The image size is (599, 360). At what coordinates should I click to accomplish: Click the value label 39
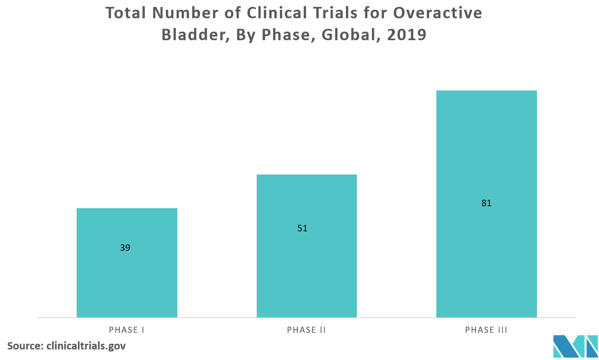click(x=125, y=248)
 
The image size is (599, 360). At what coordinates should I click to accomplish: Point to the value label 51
click(x=302, y=228)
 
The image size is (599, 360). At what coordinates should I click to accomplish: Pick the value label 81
click(x=486, y=203)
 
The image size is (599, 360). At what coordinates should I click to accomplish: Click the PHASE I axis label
click(x=127, y=330)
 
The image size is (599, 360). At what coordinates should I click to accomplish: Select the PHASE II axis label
click(x=307, y=330)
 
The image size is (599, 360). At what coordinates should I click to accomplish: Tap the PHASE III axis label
click(x=486, y=330)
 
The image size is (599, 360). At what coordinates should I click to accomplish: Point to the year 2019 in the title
click(x=406, y=35)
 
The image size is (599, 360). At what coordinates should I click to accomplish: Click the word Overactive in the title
click(x=438, y=13)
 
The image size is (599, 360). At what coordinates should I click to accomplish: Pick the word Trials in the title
click(x=339, y=13)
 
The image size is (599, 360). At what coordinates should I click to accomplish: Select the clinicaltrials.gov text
click(x=86, y=346)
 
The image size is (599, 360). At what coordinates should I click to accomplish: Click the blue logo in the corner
click(x=575, y=346)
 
